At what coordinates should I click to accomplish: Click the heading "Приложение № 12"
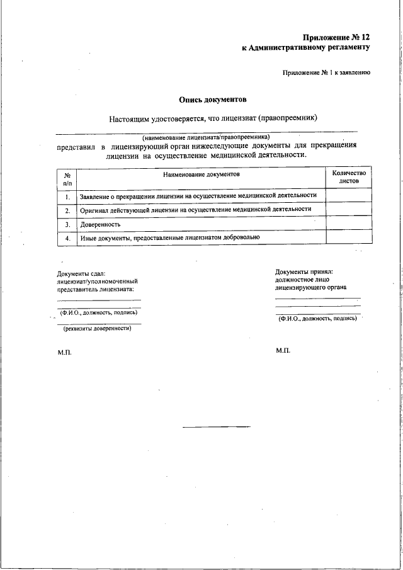336,38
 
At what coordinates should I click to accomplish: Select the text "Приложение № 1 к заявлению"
326,72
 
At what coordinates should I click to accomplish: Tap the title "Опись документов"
213,100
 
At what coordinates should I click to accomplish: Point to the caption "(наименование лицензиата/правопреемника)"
206,137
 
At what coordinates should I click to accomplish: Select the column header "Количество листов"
348,176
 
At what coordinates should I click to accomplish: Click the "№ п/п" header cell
66,178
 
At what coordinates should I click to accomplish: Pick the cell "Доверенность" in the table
101,224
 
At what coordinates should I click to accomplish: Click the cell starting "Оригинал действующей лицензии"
196,210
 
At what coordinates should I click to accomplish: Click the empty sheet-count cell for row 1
348,196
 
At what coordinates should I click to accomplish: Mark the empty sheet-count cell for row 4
348,237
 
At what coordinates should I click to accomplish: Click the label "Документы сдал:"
81,273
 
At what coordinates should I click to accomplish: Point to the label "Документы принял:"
304,271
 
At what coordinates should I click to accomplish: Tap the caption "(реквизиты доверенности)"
97,328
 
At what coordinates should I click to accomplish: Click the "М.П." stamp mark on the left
65,352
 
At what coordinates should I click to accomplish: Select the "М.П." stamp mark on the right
283,350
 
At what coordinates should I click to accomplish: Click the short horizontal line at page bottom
216,427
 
